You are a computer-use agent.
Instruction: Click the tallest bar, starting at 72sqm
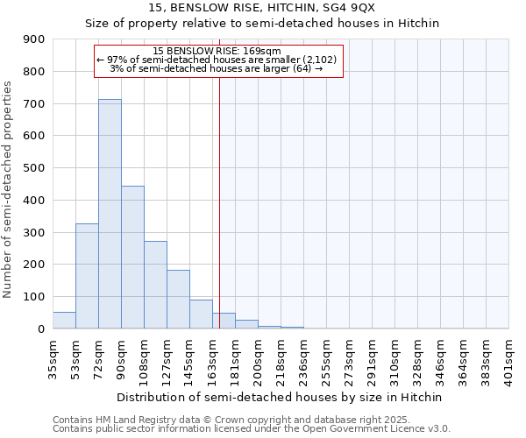(x=110, y=215)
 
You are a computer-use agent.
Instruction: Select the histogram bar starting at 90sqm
(x=132, y=258)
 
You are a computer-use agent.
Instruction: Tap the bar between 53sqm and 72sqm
(x=87, y=276)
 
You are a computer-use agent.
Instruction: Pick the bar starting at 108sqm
(x=155, y=285)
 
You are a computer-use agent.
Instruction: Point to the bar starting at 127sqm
(x=178, y=300)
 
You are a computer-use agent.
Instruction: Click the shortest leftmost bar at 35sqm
(x=64, y=321)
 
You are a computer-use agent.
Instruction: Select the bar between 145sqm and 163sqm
(x=201, y=314)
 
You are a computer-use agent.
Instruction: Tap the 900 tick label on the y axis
(x=34, y=39)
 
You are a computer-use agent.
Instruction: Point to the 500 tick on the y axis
(x=34, y=168)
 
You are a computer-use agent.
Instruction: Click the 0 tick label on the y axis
(x=41, y=329)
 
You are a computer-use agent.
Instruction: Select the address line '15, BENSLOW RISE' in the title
(x=262, y=8)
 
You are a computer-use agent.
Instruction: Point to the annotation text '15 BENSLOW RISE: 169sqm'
(x=217, y=51)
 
